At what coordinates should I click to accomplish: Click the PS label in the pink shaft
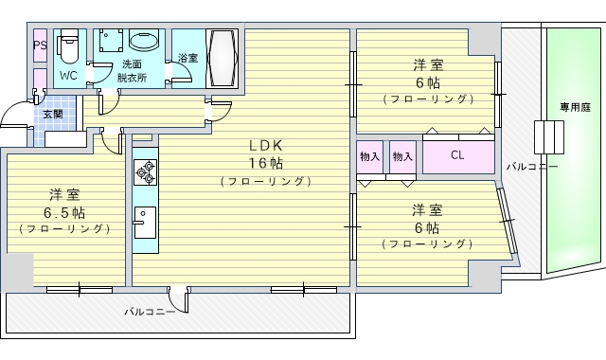(x=40, y=45)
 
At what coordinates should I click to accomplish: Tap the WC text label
(x=68, y=75)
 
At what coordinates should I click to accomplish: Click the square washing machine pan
(x=109, y=43)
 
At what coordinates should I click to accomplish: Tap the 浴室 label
(x=187, y=59)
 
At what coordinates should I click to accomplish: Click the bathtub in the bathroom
(x=222, y=58)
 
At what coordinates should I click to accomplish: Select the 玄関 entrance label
(x=52, y=114)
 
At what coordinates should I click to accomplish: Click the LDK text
(x=266, y=146)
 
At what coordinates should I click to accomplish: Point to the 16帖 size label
(x=266, y=162)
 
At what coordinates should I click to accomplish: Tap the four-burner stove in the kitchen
(x=146, y=171)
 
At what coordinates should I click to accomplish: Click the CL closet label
(x=457, y=155)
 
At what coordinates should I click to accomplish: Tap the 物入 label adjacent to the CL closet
(x=402, y=155)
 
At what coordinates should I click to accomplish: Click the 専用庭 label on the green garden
(x=574, y=106)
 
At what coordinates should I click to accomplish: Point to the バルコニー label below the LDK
(x=149, y=310)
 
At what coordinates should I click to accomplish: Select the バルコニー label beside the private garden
(x=531, y=167)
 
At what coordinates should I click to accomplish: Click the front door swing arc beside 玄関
(x=14, y=118)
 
